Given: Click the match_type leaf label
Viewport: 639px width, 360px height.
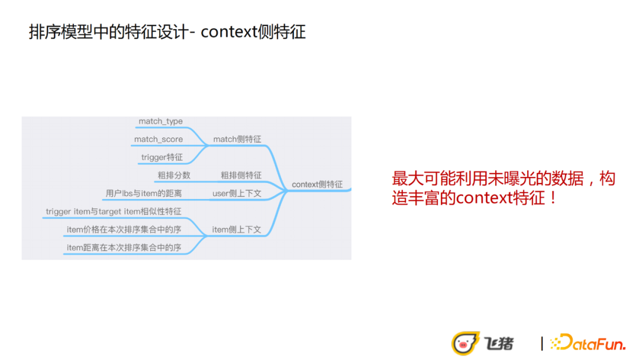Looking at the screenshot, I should coord(160,121).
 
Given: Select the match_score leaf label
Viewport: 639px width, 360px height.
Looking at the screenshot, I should coord(158,139).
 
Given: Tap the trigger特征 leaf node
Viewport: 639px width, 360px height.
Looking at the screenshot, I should coord(162,157).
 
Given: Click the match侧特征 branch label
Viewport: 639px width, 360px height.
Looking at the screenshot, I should coord(237,139).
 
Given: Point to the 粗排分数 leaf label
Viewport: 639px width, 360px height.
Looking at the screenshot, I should coord(173,175).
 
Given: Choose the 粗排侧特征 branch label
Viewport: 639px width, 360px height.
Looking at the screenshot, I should coord(241,175).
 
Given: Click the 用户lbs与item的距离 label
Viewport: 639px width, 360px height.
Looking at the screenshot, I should coord(143,194).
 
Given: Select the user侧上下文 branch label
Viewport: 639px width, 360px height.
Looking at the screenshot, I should coord(237,194).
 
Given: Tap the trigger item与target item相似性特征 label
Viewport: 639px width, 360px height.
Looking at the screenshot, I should coord(114,211).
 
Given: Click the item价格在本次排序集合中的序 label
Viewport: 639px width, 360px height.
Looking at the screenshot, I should coord(124,230).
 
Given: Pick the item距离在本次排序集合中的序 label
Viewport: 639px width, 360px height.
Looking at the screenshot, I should coord(124,247).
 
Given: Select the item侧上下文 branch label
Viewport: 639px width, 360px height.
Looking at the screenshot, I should coord(237,230).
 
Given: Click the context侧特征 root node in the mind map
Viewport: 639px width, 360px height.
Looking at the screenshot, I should coord(317,184).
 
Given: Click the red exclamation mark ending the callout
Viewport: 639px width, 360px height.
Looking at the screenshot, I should coord(553,198).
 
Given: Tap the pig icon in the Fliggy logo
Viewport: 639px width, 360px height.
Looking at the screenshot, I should coord(463,343).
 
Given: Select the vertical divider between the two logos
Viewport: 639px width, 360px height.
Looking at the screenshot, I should coord(542,343).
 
